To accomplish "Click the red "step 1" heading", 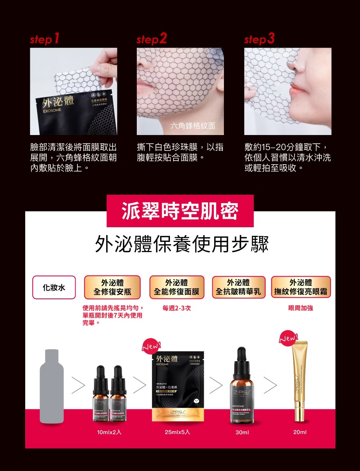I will pos(45,39).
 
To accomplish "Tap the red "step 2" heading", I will pos(152,39).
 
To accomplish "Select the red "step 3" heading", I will pos(259,39).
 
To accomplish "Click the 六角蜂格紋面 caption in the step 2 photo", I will pos(193,126).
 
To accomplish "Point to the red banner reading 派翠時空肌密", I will pos(180,211).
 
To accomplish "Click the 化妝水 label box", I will pos(54,287).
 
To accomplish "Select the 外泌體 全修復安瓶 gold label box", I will pos(112,287).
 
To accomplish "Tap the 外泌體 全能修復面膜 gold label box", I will pos(176,287).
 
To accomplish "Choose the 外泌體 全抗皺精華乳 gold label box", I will pos(238,287).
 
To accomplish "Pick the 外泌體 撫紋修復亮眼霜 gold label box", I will pos(301,287).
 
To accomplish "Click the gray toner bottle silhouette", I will pos(52,386).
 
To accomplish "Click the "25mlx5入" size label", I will pos(177,432).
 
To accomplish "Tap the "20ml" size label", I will pos(300,432).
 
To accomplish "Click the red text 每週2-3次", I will pos(176,309).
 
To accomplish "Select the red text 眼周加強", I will pos(301,309).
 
